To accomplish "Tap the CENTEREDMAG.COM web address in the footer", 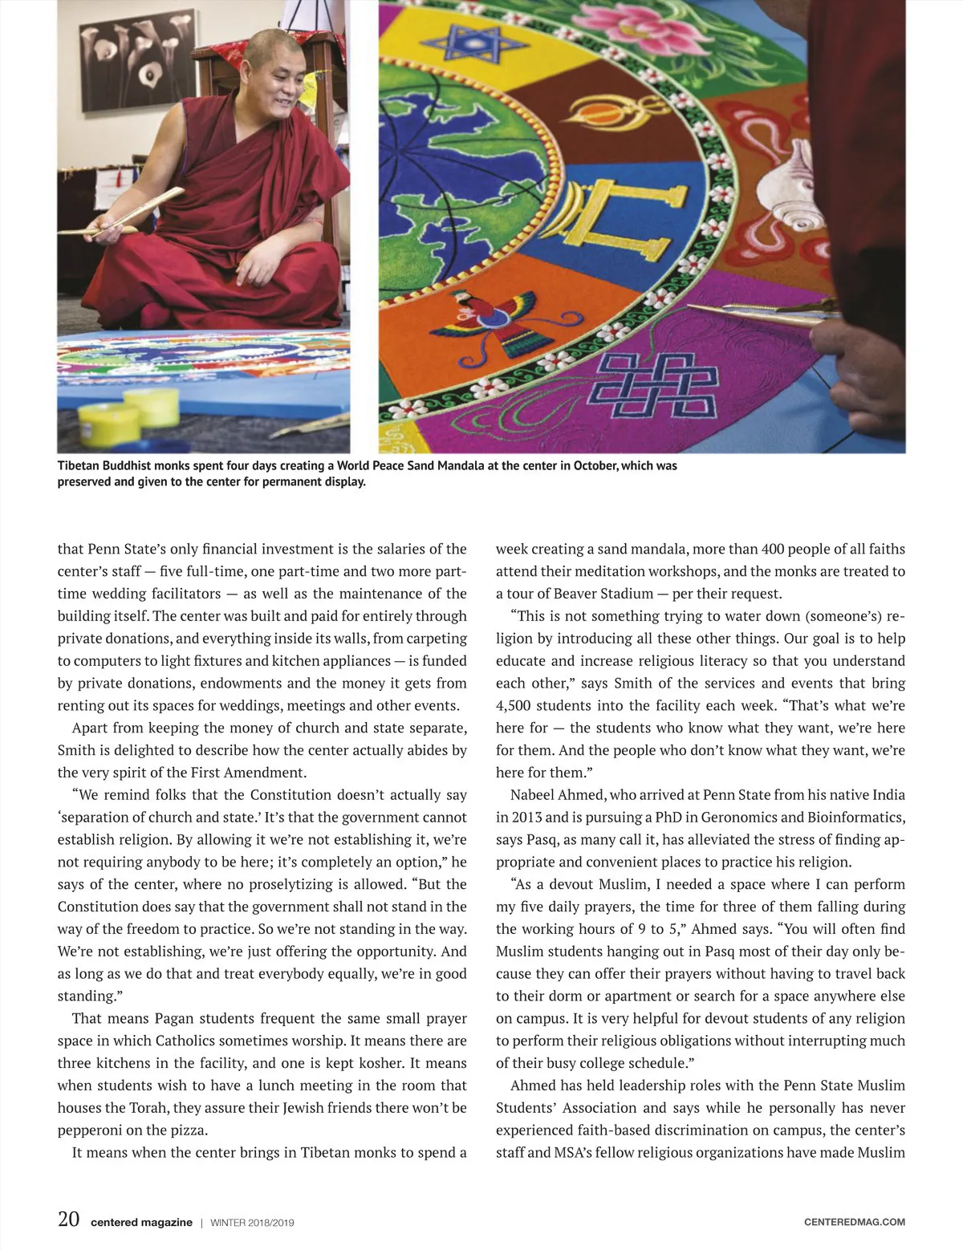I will tap(854, 1222).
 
